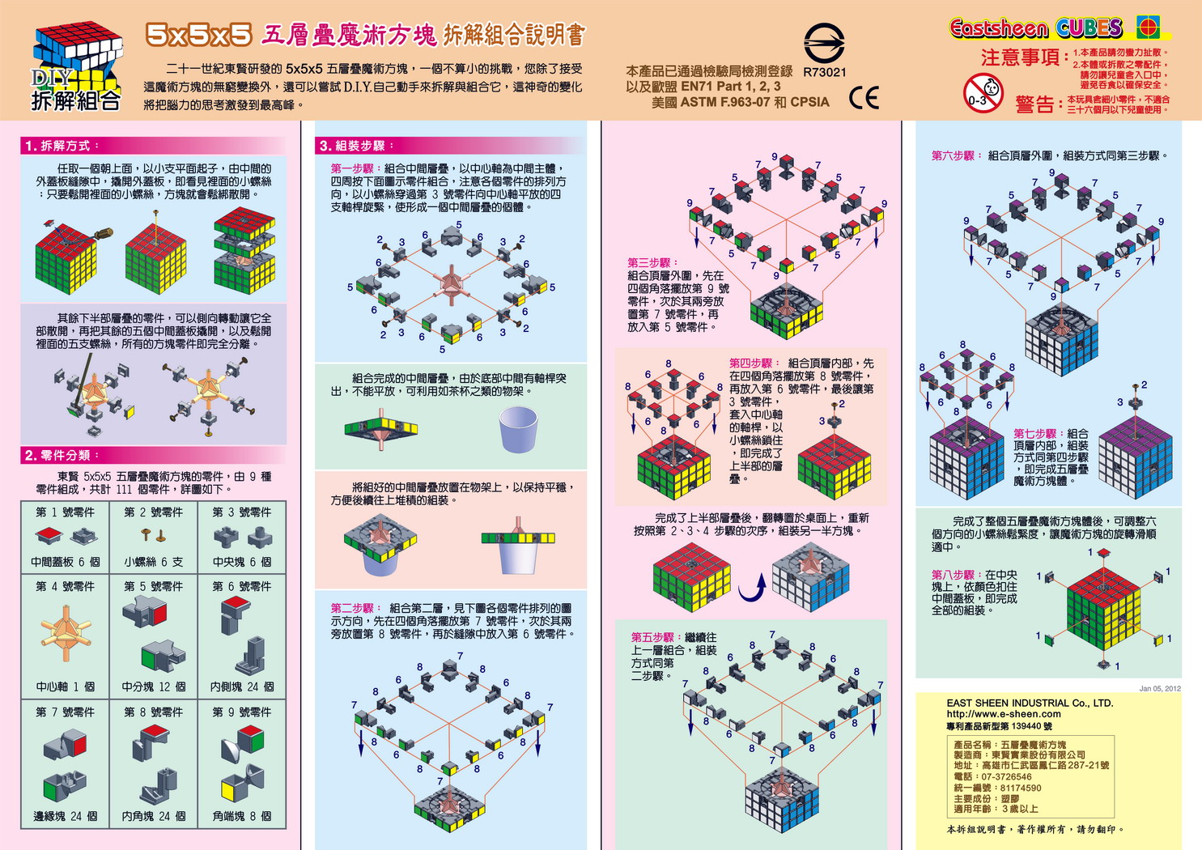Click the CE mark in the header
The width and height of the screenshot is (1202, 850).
point(864,98)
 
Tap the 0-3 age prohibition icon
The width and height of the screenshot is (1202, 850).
point(982,92)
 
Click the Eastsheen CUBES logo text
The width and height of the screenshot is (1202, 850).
point(1036,28)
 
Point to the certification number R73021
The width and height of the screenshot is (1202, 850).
point(824,72)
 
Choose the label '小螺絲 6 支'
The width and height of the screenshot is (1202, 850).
point(153,562)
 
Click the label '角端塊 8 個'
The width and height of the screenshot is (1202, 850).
point(242,816)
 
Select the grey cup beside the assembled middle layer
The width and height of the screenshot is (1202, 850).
point(518,429)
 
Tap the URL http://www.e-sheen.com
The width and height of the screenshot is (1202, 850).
point(1004,714)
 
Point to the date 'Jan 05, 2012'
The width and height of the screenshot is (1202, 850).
point(1159,688)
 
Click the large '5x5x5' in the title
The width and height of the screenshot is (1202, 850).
point(199,34)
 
